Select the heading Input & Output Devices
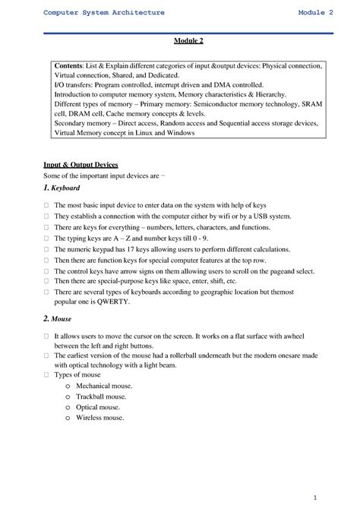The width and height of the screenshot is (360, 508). click(x=81, y=164)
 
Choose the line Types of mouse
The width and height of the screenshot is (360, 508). click(x=81, y=376)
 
